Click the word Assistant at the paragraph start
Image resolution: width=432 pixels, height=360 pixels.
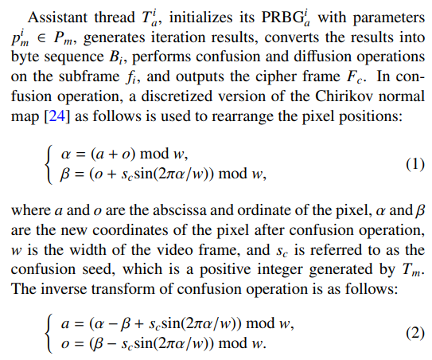tap(57, 17)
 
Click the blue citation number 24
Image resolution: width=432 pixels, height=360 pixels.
tap(57, 115)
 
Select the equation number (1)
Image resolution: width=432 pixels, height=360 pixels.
tap(415, 164)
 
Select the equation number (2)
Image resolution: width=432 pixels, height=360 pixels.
tap(415, 333)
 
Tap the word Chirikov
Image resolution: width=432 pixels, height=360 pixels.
tap(343, 96)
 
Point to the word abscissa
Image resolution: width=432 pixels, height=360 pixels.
tap(179, 210)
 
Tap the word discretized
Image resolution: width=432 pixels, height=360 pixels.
tap(177, 96)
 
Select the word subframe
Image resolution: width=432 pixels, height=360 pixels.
tap(89, 76)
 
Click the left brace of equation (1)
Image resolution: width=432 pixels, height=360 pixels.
tap(49, 165)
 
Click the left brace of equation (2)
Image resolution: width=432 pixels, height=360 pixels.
tap(49, 335)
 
